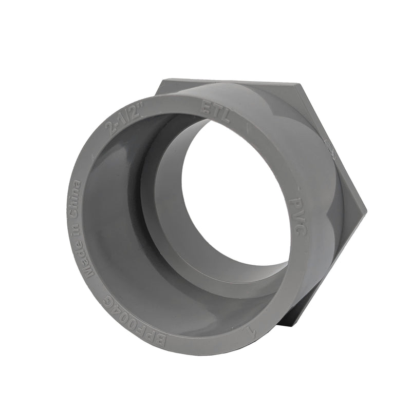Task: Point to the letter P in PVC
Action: point(295,197)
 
